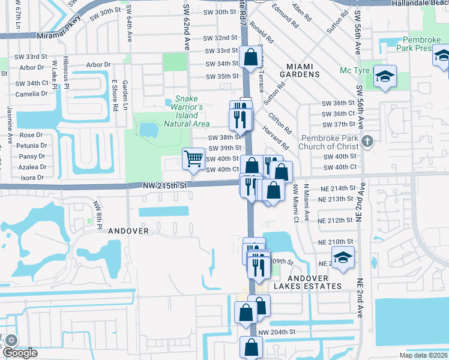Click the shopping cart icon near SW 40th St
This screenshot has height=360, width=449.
pyautogui.click(x=193, y=160)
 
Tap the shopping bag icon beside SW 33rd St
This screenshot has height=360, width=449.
pyautogui.click(x=250, y=58)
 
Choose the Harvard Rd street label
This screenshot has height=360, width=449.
pyautogui.click(x=276, y=138)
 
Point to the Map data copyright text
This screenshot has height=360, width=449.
pyautogui.click(x=424, y=355)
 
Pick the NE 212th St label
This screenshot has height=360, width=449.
pyautogui.click(x=336, y=220)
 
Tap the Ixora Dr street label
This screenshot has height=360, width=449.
pyautogui.click(x=32, y=178)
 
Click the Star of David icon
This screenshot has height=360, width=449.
pyautogui.click(x=10, y=340)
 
